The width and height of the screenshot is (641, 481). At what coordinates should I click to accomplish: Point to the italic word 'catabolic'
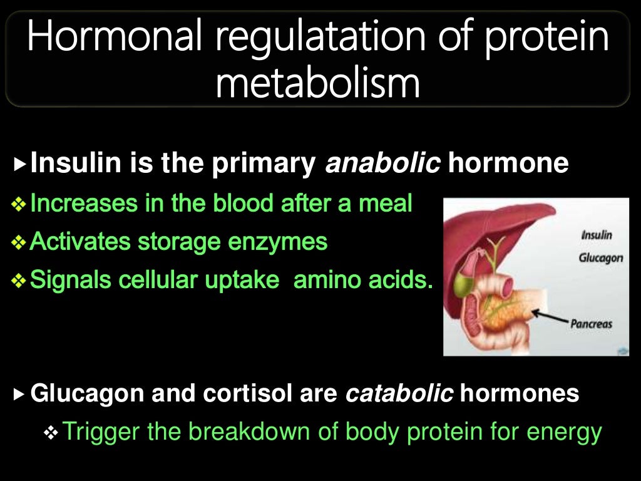(x=399, y=393)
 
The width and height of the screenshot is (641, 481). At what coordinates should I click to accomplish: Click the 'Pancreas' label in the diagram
(x=591, y=324)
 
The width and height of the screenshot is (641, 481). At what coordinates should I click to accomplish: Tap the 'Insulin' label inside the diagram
(x=597, y=235)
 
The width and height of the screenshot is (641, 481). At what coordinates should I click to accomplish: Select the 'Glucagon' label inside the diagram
(x=602, y=258)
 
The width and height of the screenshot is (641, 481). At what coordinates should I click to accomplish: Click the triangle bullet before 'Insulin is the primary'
(x=21, y=165)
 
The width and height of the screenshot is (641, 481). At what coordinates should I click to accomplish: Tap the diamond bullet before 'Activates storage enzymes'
(x=21, y=242)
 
